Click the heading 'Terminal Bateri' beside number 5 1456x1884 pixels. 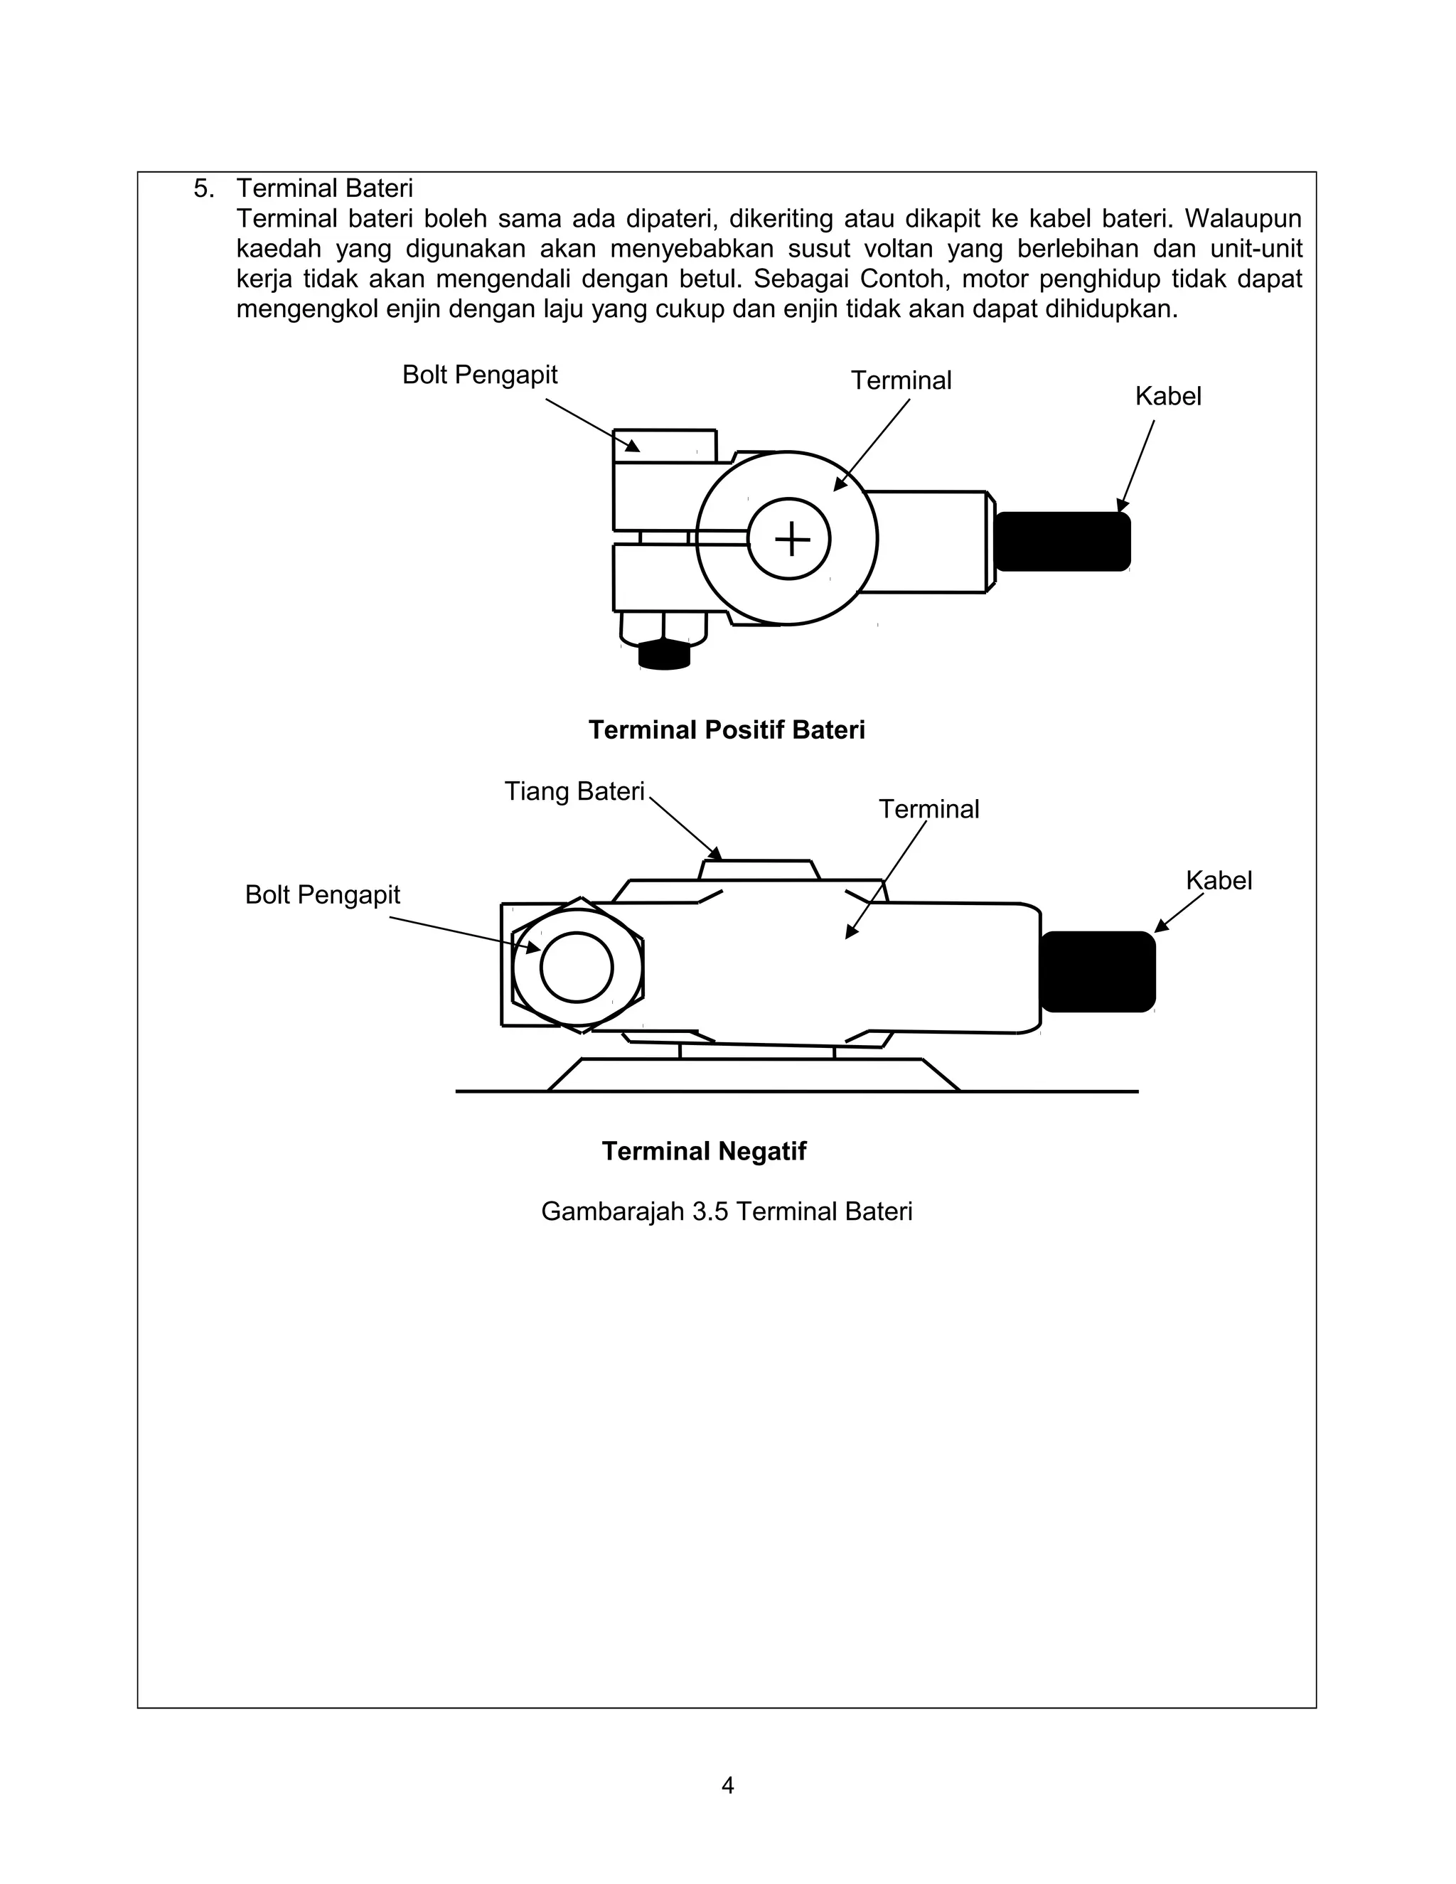point(324,188)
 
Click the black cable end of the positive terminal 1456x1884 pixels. point(1062,541)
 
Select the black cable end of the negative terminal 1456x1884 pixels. point(1097,971)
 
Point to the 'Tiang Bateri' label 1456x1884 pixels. point(574,791)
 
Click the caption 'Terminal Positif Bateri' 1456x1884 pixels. point(727,730)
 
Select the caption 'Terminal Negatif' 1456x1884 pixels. point(704,1151)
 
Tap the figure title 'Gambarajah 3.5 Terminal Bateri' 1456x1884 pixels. point(727,1211)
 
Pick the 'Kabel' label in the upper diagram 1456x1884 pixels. point(1168,396)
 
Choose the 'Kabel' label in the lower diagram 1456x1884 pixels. point(1218,880)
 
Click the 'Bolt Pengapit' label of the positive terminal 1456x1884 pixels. point(480,375)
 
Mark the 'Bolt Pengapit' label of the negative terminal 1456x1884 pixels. point(323,894)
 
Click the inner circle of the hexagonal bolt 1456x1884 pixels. point(576,967)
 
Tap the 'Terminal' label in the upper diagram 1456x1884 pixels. point(901,380)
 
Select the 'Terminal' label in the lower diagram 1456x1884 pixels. point(929,809)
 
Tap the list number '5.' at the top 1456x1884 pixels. point(203,188)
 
